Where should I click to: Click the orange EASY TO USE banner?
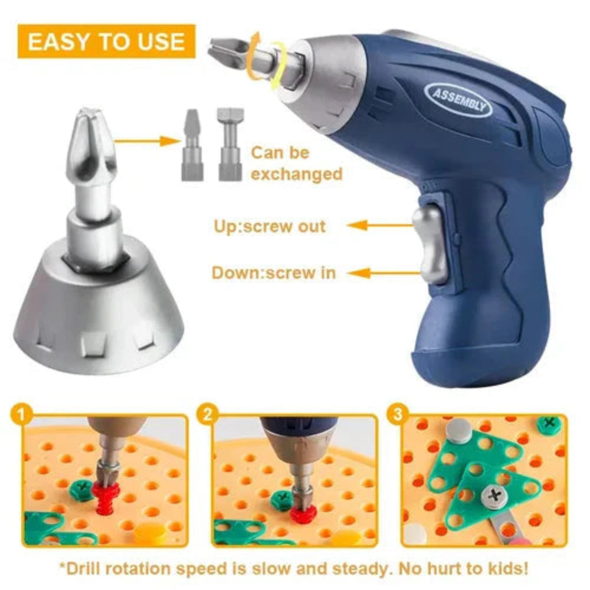[x=106, y=41]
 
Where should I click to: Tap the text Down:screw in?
[x=274, y=273]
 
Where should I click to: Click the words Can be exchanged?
[x=296, y=163]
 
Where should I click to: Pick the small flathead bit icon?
[x=191, y=145]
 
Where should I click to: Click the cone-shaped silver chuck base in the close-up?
[x=97, y=313]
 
